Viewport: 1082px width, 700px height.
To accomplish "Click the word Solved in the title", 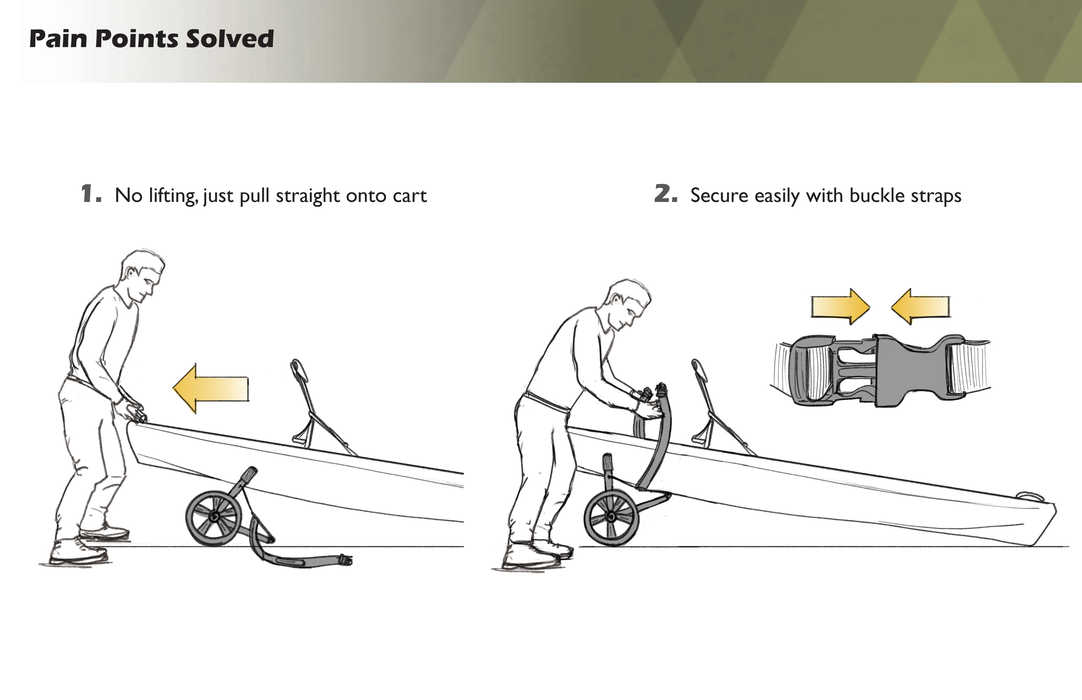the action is [x=230, y=39].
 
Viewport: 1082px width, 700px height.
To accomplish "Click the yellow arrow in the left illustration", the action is [x=210, y=389].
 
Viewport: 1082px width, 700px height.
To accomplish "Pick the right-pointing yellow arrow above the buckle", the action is [x=841, y=307].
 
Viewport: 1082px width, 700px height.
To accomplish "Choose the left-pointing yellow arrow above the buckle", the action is [x=920, y=307].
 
